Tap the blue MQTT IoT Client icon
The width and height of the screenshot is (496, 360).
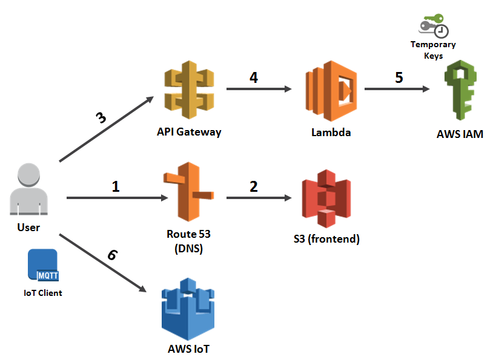tap(42, 265)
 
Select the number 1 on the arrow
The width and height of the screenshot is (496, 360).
tap(116, 186)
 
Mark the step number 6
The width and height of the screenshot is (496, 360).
tap(112, 255)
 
